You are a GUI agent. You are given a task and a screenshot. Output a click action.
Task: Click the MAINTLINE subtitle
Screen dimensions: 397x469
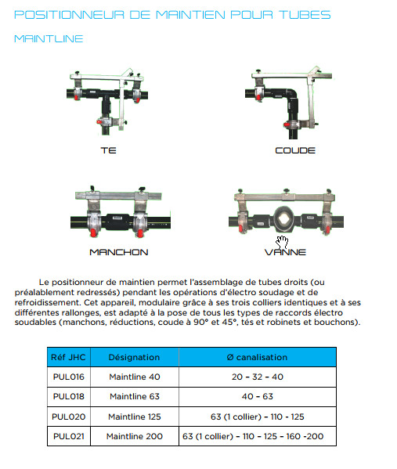pos(49,39)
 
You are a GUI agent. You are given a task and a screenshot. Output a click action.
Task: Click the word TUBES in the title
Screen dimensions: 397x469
pos(305,15)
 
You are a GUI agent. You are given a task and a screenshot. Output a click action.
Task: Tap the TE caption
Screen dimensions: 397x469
pos(108,150)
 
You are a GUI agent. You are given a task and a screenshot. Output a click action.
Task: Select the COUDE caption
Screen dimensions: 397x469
pos(295,150)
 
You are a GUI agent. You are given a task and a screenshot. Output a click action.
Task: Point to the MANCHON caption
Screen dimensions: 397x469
pos(119,252)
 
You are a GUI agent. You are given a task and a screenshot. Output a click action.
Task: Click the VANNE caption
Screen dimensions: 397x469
pos(285,252)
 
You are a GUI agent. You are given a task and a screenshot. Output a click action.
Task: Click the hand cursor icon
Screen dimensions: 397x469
pos(282,242)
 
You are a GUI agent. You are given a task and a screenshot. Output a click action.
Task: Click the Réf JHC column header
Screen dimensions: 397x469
pos(68,357)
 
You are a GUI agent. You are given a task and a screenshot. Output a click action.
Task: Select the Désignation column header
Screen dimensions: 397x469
pos(135,357)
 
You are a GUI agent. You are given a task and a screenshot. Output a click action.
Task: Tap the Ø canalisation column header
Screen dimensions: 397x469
pos(258,357)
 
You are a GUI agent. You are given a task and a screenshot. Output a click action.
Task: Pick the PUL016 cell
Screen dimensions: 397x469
pos(68,377)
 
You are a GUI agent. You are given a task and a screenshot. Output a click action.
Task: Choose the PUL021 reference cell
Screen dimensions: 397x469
pos(68,436)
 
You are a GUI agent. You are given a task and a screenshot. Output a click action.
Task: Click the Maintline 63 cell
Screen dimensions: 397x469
pos(135,397)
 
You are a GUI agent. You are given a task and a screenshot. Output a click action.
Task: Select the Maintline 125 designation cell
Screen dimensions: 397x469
pos(135,417)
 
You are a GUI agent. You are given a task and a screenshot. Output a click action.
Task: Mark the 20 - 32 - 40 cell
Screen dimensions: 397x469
pos(258,377)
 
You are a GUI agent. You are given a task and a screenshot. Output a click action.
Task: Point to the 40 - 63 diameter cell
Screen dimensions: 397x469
pos(258,397)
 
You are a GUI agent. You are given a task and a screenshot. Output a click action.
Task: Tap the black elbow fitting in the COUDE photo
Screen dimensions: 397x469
pos(291,96)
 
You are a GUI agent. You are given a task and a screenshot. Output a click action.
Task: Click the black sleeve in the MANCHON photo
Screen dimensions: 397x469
pos(118,222)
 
